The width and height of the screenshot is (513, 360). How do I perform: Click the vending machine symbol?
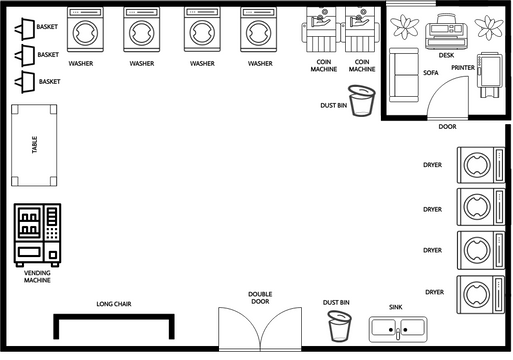(37, 235)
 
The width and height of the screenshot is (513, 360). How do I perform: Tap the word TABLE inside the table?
(34, 145)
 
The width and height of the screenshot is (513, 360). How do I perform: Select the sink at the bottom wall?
(398, 329)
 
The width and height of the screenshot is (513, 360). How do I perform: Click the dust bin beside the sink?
(339, 326)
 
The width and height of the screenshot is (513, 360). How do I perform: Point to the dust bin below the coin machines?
(362, 101)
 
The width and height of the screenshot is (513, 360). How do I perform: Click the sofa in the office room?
(404, 75)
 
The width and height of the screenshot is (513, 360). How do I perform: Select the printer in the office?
(489, 75)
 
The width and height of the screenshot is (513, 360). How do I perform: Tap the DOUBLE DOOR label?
(260, 298)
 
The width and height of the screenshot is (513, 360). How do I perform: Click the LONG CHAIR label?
(114, 304)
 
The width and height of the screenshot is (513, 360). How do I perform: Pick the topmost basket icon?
(25, 28)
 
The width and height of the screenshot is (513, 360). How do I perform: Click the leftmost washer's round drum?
(85, 33)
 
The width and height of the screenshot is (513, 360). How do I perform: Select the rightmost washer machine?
(259, 30)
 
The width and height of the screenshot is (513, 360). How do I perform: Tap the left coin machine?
(321, 31)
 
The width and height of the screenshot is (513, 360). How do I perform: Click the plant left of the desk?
(405, 27)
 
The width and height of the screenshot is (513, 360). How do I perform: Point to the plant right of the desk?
(489, 27)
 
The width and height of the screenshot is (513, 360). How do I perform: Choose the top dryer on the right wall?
(481, 165)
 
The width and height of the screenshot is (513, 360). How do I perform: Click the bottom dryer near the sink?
(481, 294)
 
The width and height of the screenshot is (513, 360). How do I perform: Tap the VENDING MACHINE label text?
(37, 277)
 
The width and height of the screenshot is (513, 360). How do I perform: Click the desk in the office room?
(446, 31)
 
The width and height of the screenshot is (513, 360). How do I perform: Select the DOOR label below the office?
(447, 127)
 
